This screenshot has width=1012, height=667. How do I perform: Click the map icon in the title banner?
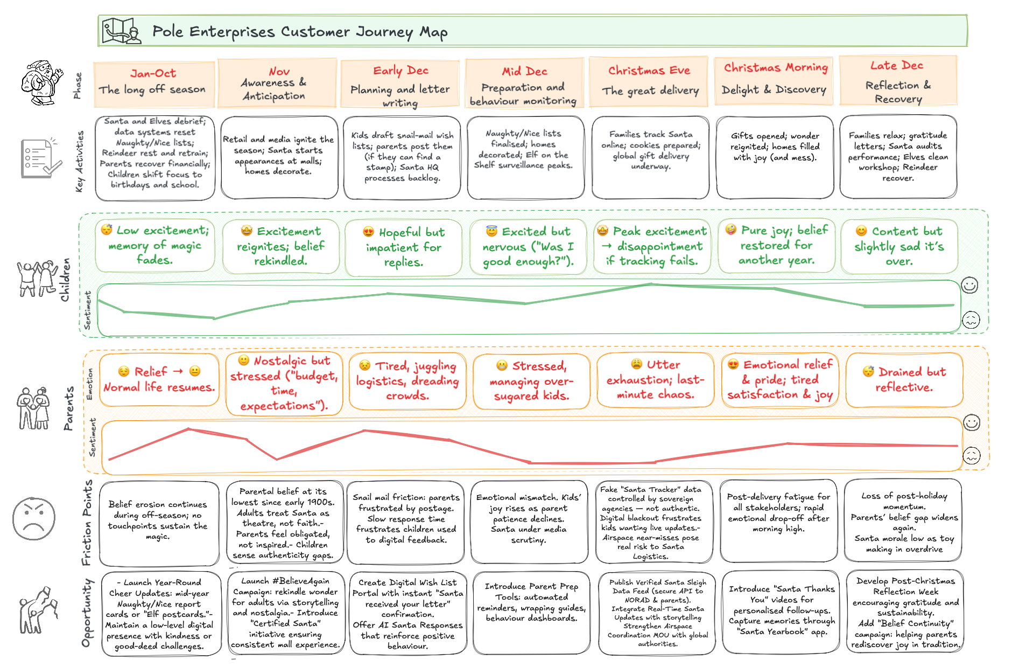[121, 31]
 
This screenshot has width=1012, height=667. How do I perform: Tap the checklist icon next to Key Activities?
[40, 158]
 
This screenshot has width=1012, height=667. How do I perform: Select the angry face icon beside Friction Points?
[33, 518]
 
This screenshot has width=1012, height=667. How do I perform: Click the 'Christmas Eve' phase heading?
[649, 71]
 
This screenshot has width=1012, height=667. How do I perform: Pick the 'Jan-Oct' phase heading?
[153, 73]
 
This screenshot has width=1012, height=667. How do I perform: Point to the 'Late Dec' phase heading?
[896, 66]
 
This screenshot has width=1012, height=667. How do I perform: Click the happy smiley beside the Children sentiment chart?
[969, 285]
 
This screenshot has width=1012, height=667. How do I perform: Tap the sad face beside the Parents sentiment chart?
[971, 456]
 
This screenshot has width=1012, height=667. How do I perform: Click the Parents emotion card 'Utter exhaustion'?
[655, 380]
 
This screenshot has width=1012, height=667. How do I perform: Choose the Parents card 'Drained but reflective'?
[904, 380]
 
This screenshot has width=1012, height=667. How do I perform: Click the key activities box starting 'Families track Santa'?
[650, 157]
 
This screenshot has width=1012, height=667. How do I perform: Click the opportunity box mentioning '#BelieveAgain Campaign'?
[285, 613]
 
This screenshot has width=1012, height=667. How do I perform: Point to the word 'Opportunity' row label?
[87, 613]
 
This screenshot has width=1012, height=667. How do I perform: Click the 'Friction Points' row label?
[87, 523]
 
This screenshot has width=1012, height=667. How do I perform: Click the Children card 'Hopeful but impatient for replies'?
[403, 247]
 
